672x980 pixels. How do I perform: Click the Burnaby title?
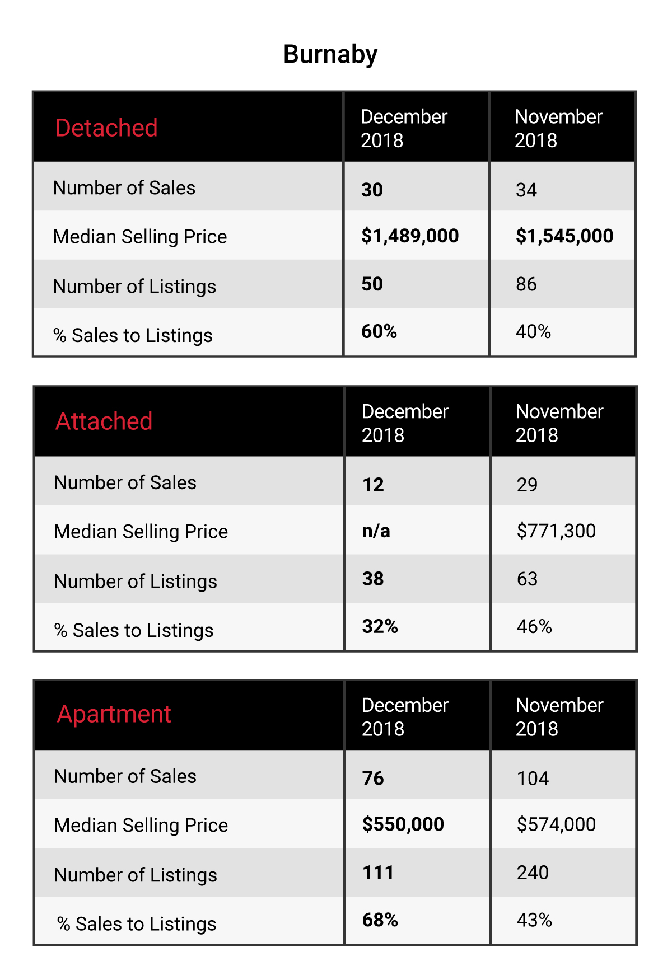(x=330, y=55)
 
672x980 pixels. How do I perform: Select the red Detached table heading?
(x=106, y=128)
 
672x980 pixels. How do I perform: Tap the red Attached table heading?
(x=104, y=421)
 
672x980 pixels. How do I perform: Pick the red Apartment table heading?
(x=114, y=715)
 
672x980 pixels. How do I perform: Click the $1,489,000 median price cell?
(x=410, y=236)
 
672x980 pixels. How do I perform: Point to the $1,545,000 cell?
(x=564, y=236)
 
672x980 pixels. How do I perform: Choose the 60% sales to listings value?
(x=379, y=331)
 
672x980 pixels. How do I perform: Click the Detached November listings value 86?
(x=526, y=284)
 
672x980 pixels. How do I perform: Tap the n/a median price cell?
(x=376, y=531)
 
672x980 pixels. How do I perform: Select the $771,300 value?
(x=557, y=531)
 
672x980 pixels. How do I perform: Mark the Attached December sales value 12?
(x=373, y=484)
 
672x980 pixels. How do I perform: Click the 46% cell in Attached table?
(x=534, y=626)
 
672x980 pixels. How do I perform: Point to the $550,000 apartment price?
(x=403, y=824)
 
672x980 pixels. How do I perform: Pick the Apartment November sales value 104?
(x=533, y=779)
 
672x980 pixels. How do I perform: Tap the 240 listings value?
(x=533, y=873)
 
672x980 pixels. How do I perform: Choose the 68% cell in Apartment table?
(x=380, y=920)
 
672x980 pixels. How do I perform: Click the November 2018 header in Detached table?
(x=558, y=128)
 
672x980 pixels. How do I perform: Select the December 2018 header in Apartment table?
(x=405, y=717)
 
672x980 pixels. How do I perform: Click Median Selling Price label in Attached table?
(x=141, y=532)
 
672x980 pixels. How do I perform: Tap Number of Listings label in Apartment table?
(x=136, y=875)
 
